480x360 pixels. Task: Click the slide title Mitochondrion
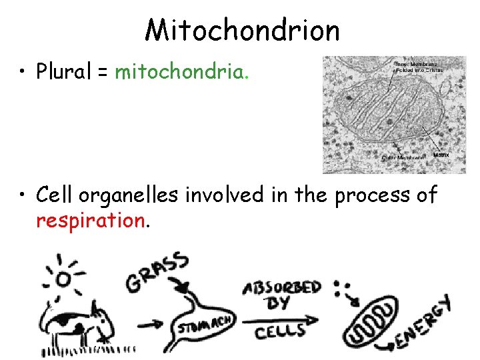coord(242,30)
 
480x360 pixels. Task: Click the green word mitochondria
coord(181,71)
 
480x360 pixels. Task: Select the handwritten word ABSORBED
coord(282,289)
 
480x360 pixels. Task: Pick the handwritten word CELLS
coord(280,329)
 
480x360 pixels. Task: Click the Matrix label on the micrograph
coord(441,155)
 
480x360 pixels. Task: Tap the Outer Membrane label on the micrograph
coord(403,157)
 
